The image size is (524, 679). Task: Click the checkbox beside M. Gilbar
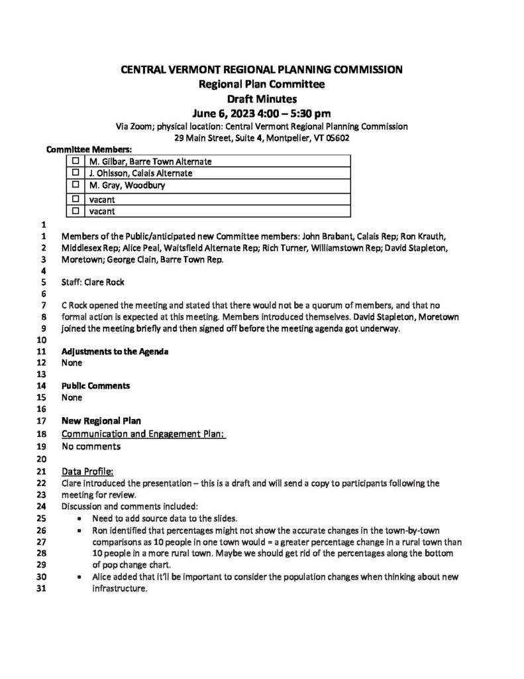tap(75, 161)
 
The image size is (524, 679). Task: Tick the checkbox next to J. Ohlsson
tap(75, 173)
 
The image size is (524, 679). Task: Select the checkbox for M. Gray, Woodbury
tap(75, 185)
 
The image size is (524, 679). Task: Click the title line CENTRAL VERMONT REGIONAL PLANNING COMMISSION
tap(262, 70)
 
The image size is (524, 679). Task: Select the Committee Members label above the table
tap(88, 150)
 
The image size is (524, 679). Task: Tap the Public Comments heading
tap(95, 385)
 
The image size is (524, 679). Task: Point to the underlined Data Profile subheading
tap(87, 471)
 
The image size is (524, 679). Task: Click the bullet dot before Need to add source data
tap(80, 520)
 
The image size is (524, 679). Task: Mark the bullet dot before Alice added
tap(80, 578)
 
